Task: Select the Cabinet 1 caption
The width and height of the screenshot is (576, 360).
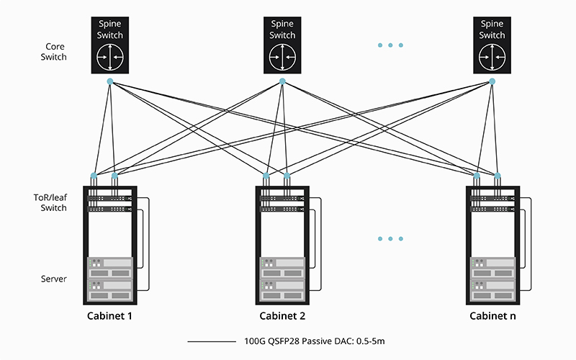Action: [110, 316]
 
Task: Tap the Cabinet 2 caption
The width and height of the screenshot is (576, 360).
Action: [282, 316]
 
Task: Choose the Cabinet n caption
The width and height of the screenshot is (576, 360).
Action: [492, 316]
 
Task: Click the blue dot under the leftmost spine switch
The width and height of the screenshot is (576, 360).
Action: [110, 81]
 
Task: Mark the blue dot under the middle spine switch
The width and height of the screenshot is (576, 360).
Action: [282, 81]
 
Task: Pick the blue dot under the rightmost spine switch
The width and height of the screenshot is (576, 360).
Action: [492, 81]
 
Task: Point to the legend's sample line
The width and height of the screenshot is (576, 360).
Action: [209, 341]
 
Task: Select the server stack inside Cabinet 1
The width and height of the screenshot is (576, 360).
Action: [110, 278]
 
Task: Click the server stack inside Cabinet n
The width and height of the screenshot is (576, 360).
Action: [492, 278]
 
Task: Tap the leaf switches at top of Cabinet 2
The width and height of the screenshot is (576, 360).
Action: [282, 202]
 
